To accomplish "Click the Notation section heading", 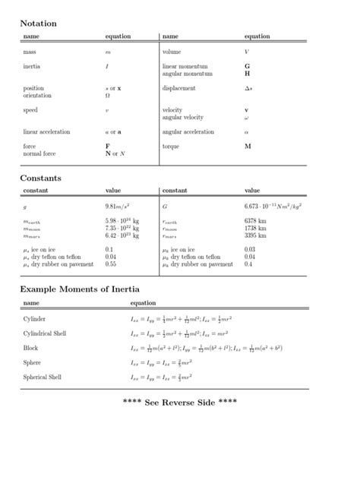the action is tap(38, 24).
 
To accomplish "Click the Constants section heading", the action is tap(40, 178).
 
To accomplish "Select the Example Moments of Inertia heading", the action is tap(80, 289).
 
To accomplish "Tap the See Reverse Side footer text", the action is tap(179, 401).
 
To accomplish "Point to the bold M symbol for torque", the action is tap(248, 145).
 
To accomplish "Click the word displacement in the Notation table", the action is tap(179, 88).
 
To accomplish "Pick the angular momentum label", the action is tap(185, 74).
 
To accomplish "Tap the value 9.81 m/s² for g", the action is tap(117, 206).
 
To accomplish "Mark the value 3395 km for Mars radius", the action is tap(255, 236).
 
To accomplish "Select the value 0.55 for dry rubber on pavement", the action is tap(111, 264).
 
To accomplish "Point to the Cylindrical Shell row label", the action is tap(45, 333).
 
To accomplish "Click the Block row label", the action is tap(30, 348).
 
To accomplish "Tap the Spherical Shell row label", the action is tap(43, 377).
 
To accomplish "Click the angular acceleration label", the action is tap(188, 131).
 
